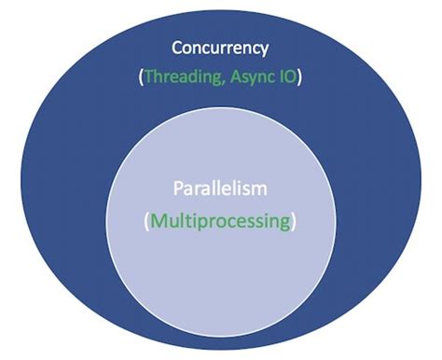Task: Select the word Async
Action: click(248, 78)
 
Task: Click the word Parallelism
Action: click(220, 189)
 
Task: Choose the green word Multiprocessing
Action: click(221, 222)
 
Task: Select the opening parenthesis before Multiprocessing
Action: click(146, 223)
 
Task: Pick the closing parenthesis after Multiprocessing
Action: click(296, 223)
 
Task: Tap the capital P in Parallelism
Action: click(177, 189)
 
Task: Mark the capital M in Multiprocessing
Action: click(158, 222)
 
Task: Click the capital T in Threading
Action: click(149, 78)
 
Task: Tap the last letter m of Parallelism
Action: click(261, 190)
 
